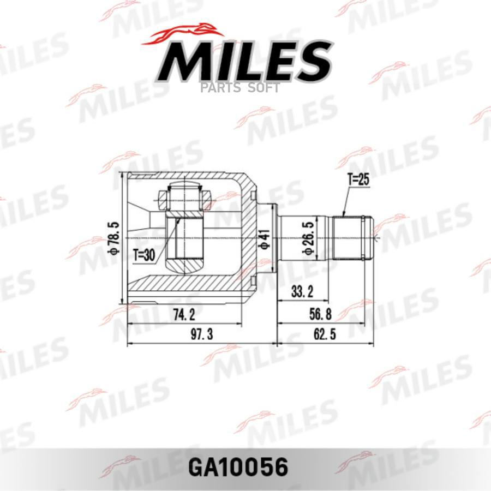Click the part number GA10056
(x=238, y=467)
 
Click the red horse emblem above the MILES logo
(x=183, y=35)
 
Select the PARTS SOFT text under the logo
(x=240, y=88)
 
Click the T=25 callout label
(x=358, y=179)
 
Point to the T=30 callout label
(x=144, y=255)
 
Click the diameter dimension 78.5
(x=114, y=238)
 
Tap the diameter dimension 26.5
(x=308, y=238)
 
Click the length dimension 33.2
(x=302, y=292)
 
